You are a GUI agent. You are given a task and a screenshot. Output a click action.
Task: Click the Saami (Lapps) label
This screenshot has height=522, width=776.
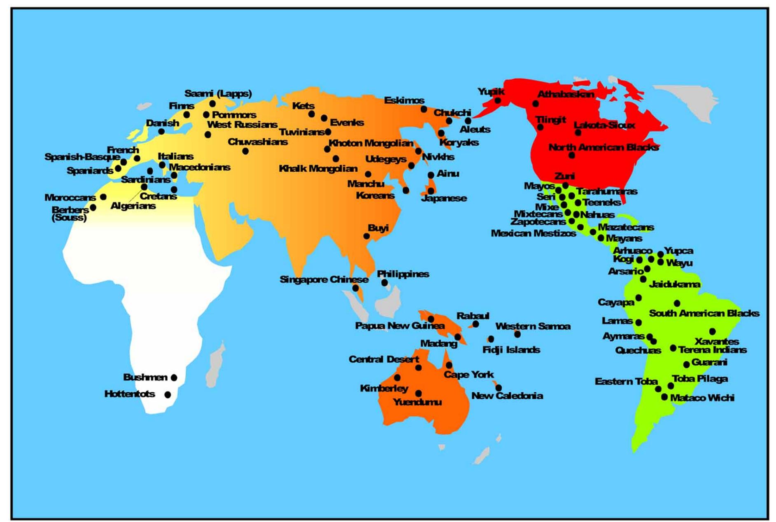point(218,93)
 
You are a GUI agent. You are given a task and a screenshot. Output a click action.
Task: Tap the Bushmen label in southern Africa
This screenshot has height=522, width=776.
point(145,377)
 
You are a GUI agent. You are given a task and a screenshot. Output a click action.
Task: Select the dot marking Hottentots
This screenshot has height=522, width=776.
point(168,394)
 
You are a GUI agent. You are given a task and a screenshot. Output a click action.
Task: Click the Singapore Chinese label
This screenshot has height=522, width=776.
point(324,280)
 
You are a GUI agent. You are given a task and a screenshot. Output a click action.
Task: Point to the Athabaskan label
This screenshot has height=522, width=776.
point(565,94)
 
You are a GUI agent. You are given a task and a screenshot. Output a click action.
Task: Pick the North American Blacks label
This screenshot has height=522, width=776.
point(603,147)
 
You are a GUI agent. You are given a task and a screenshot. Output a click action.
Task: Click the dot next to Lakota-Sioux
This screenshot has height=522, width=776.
point(578,133)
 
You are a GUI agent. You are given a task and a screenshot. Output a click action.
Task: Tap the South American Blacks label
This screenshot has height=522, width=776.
point(704,313)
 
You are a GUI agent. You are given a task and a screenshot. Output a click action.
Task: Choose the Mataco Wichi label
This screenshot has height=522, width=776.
point(702,398)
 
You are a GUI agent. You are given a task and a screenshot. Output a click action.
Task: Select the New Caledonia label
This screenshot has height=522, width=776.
point(507,396)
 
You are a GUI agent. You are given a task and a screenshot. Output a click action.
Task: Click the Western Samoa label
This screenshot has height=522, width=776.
point(533,326)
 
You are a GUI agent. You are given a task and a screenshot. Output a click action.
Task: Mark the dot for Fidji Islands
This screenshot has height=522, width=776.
point(491,339)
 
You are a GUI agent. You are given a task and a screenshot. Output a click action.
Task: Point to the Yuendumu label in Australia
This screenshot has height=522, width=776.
point(417,402)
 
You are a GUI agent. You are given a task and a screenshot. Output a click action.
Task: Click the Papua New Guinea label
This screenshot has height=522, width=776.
point(399,326)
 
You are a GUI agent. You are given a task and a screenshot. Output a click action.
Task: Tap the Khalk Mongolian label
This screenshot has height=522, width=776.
point(318,168)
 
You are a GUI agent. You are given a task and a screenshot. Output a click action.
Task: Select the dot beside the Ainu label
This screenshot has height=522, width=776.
point(431,175)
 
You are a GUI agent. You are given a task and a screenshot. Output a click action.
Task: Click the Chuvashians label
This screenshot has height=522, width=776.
point(258,142)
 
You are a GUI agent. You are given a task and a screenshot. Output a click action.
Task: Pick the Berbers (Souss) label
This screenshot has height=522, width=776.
point(70,213)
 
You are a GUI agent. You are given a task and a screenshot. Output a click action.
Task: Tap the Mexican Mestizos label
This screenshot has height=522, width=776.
point(533,233)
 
